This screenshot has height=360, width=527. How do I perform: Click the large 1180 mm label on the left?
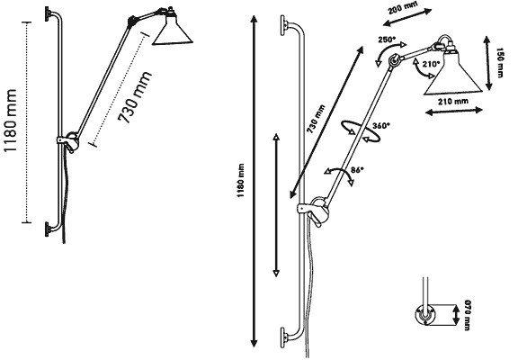pyautogui.click(x=11, y=121)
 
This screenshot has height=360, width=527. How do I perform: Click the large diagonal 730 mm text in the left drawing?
pyautogui.click(x=135, y=97)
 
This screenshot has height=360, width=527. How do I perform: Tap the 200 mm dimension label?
pyautogui.click(x=403, y=7)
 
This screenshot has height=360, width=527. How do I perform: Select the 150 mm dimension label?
pyautogui.click(x=499, y=63)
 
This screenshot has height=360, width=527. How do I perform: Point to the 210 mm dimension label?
pyautogui.click(x=453, y=101)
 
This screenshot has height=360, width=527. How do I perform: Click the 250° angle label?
pyautogui.click(x=387, y=40)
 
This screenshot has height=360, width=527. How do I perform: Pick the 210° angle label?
pyautogui.click(x=431, y=64)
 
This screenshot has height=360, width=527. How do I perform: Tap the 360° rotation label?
pyautogui.click(x=381, y=126)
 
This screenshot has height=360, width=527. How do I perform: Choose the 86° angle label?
pyautogui.click(x=358, y=170)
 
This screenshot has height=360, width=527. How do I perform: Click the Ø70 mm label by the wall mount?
pyautogui.click(x=467, y=315)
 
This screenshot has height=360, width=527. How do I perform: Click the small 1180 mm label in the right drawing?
pyautogui.click(x=241, y=181)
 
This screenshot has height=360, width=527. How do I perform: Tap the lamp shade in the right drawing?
pyautogui.click(x=452, y=72)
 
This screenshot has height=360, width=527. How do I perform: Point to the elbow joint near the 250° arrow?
pyautogui.click(x=393, y=60)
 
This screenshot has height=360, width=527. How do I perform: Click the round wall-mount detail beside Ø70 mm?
pyautogui.click(x=425, y=315)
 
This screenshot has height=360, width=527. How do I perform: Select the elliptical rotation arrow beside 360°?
pyautogui.click(x=361, y=131)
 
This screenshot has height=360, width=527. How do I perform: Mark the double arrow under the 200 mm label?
pyautogui.click(x=407, y=17)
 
